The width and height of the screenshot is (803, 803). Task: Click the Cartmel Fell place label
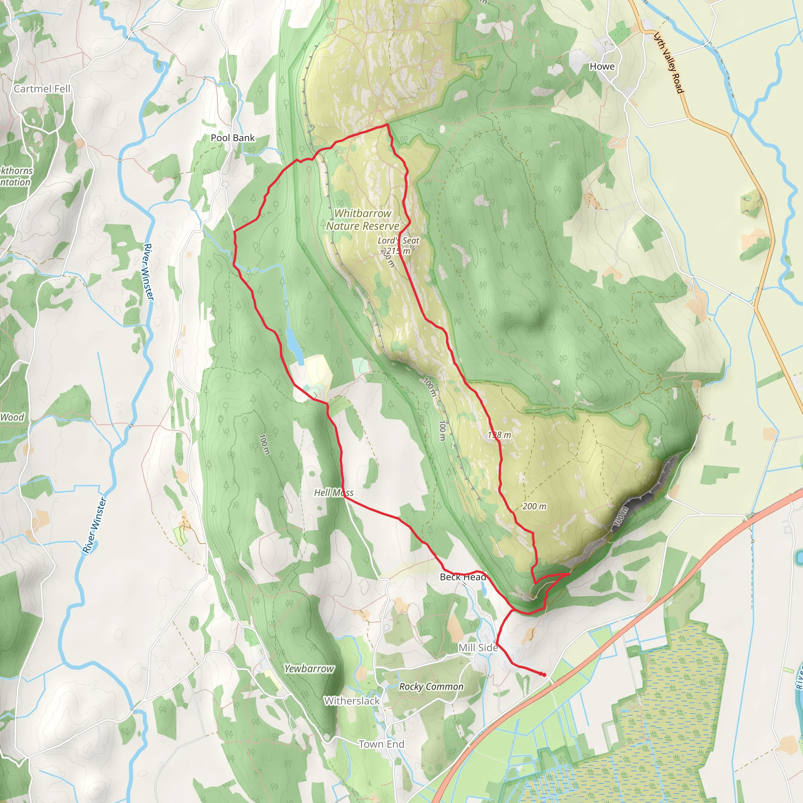click(x=42, y=89)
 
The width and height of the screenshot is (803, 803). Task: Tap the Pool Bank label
click(x=233, y=138)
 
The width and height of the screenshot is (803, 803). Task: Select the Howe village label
click(x=602, y=67)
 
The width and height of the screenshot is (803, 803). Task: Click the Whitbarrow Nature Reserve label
click(x=362, y=220)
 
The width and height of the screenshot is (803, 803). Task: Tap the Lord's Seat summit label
click(x=398, y=240)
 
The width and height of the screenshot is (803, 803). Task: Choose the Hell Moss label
click(x=333, y=492)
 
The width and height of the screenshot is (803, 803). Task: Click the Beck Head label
click(x=463, y=577)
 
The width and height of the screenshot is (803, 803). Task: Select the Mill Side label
click(x=478, y=648)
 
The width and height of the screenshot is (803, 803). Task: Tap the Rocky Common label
click(x=431, y=687)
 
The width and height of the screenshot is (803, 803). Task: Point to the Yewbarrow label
click(x=309, y=669)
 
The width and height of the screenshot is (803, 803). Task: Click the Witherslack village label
click(x=352, y=701)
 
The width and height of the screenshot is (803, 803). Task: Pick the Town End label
click(x=381, y=744)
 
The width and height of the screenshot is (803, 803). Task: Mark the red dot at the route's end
click(x=544, y=674)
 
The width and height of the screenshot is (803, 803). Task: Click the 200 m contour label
click(x=534, y=506)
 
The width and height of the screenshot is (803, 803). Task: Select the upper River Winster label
click(x=148, y=272)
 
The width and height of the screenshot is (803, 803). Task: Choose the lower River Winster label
click(x=94, y=526)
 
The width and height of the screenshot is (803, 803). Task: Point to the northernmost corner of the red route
click(x=387, y=124)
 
